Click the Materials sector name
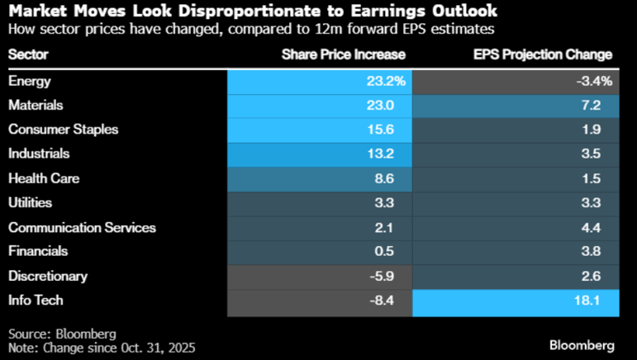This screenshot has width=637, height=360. pos(36,105)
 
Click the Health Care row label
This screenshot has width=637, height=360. pos(39,178)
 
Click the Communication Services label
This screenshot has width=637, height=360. pos(81,227)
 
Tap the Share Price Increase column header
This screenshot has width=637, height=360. pos(344,54)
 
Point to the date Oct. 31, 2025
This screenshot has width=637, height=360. pos(157,347)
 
